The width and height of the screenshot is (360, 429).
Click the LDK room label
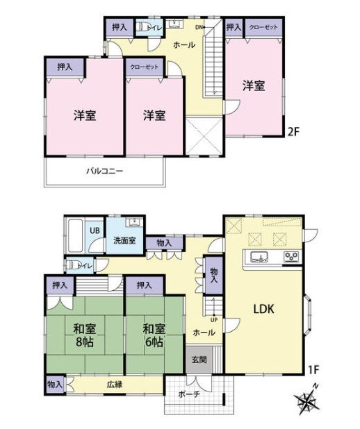(263, 309)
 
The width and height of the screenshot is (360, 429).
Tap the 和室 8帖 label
(85, 335)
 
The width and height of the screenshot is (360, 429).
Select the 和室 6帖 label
(154, 335)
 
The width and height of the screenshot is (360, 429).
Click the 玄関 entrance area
(199, 360)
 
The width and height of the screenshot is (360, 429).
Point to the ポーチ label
(189, 394)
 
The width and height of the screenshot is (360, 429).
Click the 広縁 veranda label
(115, 385)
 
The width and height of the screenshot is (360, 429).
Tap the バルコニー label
(105, 171)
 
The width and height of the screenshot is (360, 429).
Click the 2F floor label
(293, 133)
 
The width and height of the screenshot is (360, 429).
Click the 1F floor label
(313, 370)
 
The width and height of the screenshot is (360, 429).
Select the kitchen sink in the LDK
(259, 257)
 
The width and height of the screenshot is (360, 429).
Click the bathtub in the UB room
(75, 236)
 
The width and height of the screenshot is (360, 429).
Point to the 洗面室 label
(124, 241)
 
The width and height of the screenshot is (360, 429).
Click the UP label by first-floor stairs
(214, 319)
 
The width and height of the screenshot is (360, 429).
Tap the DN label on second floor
(199, 27)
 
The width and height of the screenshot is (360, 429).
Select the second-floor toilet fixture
(142, 27)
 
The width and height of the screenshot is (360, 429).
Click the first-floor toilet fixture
(72, 264)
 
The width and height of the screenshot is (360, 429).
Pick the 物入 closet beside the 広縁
(55, 385)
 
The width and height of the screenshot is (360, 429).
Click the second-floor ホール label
(184, 44)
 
